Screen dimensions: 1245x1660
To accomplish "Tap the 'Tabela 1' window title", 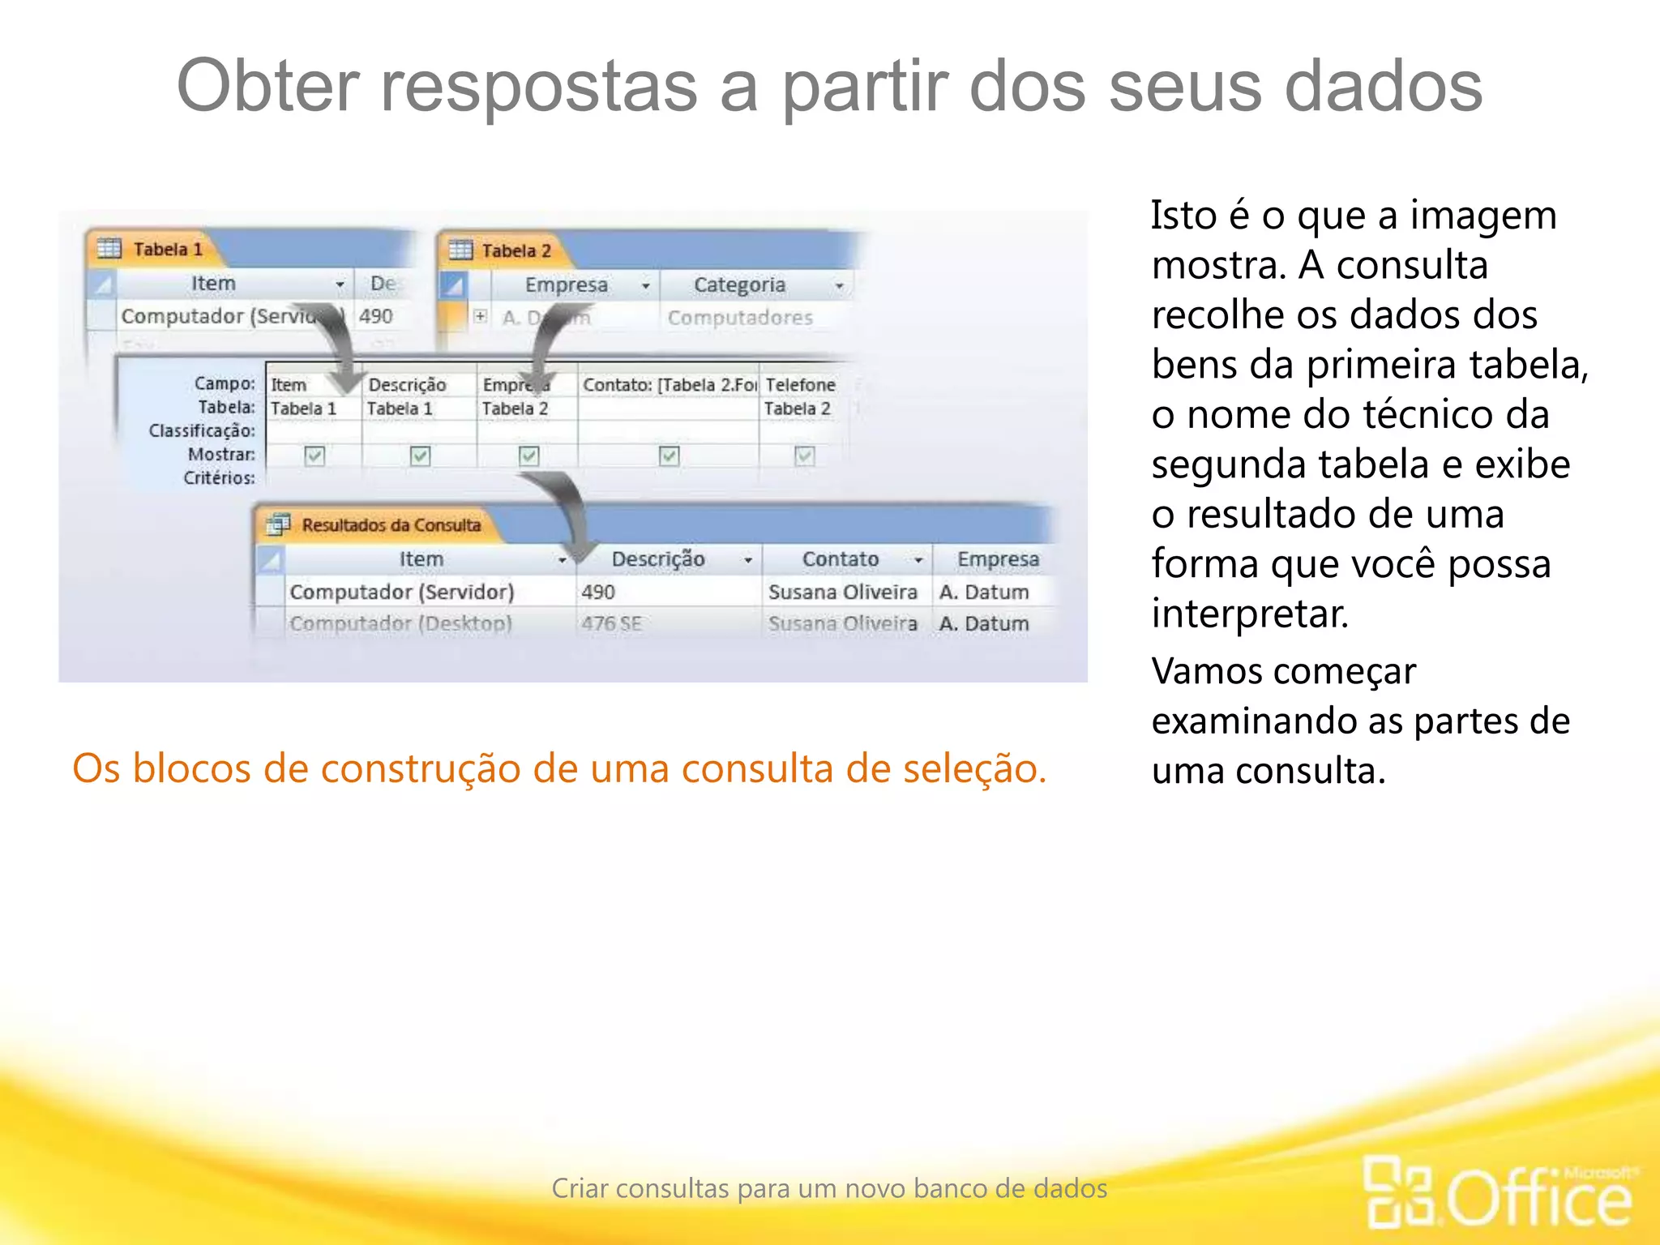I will click(x=168, y=249).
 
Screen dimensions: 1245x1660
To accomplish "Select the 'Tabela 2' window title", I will click(x=516, y=250).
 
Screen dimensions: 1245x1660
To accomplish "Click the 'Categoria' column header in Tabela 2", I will click(x=739, y=285).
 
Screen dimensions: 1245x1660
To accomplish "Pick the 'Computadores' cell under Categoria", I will click(x=739, y=318).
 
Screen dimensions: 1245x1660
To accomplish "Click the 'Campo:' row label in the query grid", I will click(x=225, y=383).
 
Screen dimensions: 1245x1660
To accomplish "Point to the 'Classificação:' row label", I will click(x=202, y=430).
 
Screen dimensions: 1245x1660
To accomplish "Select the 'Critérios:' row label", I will click(x=219, y=478).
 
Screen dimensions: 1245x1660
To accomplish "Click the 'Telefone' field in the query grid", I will click(x=800, y=384).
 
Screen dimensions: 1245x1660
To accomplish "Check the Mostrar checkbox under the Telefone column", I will click(x=804, y=456).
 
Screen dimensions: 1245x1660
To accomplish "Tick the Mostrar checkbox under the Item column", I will click(x=314, y=456).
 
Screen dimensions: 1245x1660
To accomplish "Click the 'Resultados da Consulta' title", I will click(x=391, y=525).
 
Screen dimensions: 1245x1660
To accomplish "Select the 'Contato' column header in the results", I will click(x=840, y=559).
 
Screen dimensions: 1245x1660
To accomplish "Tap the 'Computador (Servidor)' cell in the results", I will click(x=402, y=592).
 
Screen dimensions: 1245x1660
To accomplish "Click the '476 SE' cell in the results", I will click(x=611, y=623).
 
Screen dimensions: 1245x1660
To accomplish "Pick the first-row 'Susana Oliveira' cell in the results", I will click(x=842, y=592).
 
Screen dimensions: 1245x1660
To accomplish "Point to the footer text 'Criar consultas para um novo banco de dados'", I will click(x=829, y=1188).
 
